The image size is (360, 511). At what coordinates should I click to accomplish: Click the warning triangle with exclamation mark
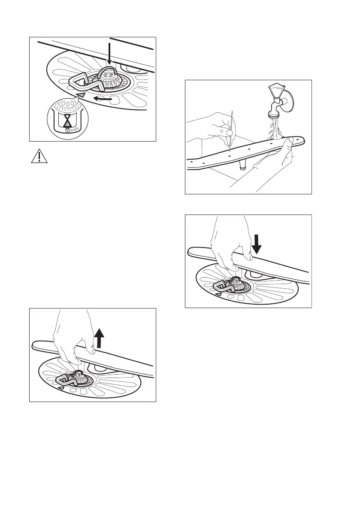coord(39,156)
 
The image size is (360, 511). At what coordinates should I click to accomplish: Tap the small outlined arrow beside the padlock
coord(75,128)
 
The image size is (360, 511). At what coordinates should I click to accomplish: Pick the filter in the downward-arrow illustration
coord(232,284)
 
